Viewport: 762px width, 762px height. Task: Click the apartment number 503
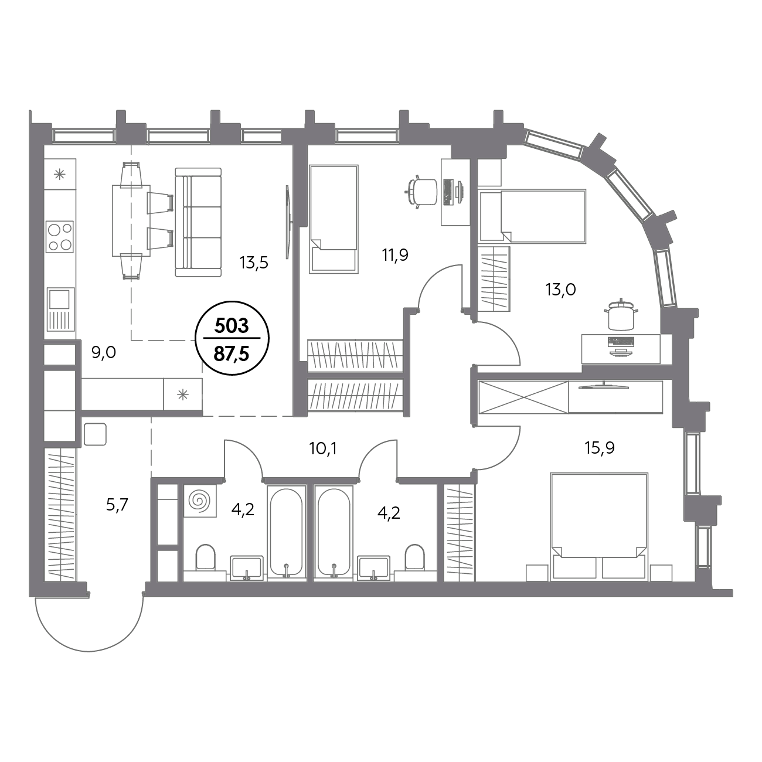(x=232, y=325)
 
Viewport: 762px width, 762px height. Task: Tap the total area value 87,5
(x=232, y=354)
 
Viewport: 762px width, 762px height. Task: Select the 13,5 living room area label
(x=254, y=263)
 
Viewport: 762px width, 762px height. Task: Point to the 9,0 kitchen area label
(x=104, y=352)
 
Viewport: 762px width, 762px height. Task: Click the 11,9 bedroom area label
(x=395, y=255)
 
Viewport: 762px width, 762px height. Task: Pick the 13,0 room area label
(x=561, y=290)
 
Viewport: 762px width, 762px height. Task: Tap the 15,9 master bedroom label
(x=600, y=448)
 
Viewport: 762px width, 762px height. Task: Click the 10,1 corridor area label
(x=323, y=449)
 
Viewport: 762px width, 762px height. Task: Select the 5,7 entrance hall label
(x=117, y=505)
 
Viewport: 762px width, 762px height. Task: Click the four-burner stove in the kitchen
(x=60, y=236)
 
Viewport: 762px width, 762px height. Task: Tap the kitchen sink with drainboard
(x=60, y=309)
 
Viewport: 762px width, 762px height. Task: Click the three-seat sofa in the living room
(x=198, y=222)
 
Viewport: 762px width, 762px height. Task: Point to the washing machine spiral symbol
(x=200, y=501)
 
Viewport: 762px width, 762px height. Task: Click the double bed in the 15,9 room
(x=599, y=527)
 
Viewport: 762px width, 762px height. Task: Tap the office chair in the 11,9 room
(x=422, y=192)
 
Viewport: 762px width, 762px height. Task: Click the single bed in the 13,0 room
(x=532, y=216)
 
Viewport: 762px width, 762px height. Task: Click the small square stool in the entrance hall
(x=96, y=434)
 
